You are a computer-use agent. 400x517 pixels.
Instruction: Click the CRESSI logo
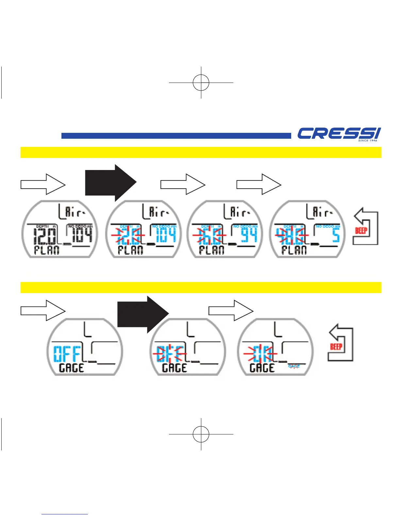[x=339, y=134]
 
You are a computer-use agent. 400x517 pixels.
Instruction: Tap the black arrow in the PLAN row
[x=110, y=183]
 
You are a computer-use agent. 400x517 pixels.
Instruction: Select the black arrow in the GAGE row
[x=143, y=314]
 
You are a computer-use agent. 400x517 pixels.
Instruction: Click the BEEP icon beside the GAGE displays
[x=341, y=343]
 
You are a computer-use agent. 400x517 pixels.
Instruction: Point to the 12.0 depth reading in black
[x=45, y=235]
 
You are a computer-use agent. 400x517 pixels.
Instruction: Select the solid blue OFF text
[x=67, y=353]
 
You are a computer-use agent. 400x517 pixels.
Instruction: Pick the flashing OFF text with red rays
[x=169, y=354]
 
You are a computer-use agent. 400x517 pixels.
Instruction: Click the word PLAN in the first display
[x=47, y=250]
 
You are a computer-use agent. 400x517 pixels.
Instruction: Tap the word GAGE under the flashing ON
[x=262, y=368]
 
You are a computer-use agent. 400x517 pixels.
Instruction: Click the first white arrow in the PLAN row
[x=43, y=184]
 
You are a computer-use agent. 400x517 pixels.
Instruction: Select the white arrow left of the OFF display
[x=43, y=310]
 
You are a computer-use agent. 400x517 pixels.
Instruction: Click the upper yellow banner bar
[x=201, y=152]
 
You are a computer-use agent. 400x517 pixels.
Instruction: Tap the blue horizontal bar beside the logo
[x=176, y=136]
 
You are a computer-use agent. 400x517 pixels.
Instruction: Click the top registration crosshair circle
[x=201, y=83]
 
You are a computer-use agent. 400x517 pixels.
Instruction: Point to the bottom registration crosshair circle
[x=201, y=434]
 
